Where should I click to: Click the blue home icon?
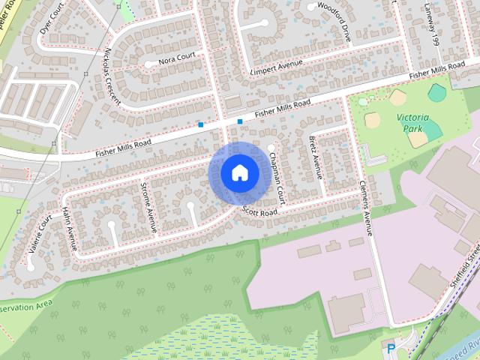(239, 172)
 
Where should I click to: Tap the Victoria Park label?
(413, 123)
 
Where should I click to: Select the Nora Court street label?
(177, 56)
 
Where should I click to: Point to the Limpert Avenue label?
(274, 68)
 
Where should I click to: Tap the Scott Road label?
(259, 212)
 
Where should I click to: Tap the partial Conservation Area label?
(26, 305)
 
